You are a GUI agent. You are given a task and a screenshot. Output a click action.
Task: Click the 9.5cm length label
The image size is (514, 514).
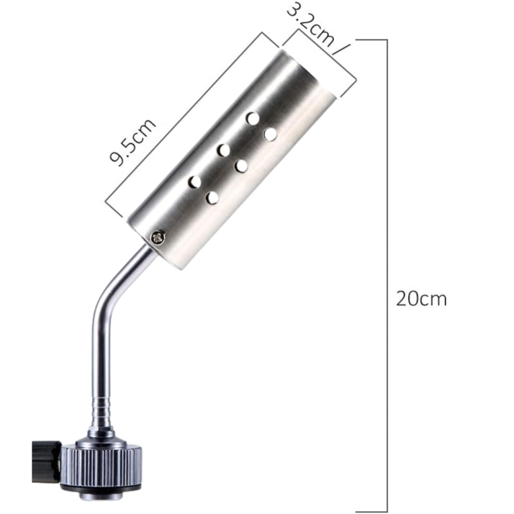click(132, 142)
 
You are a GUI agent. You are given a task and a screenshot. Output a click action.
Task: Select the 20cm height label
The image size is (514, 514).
click(421, 299)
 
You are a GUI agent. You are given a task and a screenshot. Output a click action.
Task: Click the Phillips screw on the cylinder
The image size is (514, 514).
click(158, 237)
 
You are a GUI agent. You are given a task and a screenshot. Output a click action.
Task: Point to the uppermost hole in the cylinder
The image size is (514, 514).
click(253, 118)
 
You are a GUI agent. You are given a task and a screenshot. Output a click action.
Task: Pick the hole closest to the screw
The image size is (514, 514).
click(212, 197)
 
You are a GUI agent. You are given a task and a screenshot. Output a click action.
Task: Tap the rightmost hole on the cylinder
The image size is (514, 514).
click(270, 134)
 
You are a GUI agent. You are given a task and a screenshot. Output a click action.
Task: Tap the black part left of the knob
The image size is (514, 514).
click(45, 462)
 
